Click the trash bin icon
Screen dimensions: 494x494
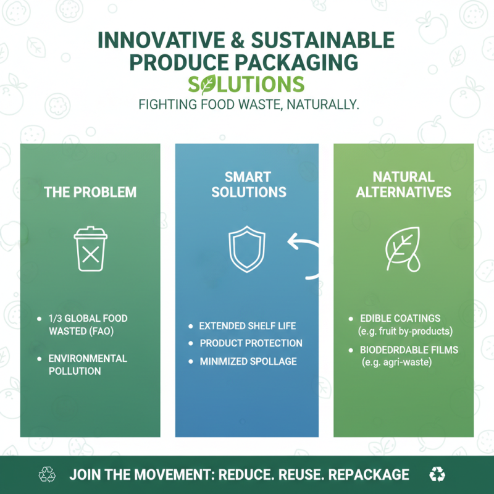point(90,249)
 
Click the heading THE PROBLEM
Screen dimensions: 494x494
point(90,192)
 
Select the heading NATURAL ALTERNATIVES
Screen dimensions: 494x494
point(403,185)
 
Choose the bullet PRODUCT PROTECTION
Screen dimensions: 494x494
point(251,343)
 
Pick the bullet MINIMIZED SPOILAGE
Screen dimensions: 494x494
point(248,361)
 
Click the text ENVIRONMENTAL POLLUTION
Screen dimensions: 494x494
point(88,364)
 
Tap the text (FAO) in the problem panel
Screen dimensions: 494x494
point(102,331)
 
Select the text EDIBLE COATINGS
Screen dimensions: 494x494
point(400,319)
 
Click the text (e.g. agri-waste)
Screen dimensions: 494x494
point(396,362)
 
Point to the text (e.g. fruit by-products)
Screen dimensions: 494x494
point(406,331)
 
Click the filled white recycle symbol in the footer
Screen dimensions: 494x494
point(437,474)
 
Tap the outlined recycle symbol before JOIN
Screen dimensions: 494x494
point(47,474)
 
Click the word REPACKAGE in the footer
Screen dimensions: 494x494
point(369,474)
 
